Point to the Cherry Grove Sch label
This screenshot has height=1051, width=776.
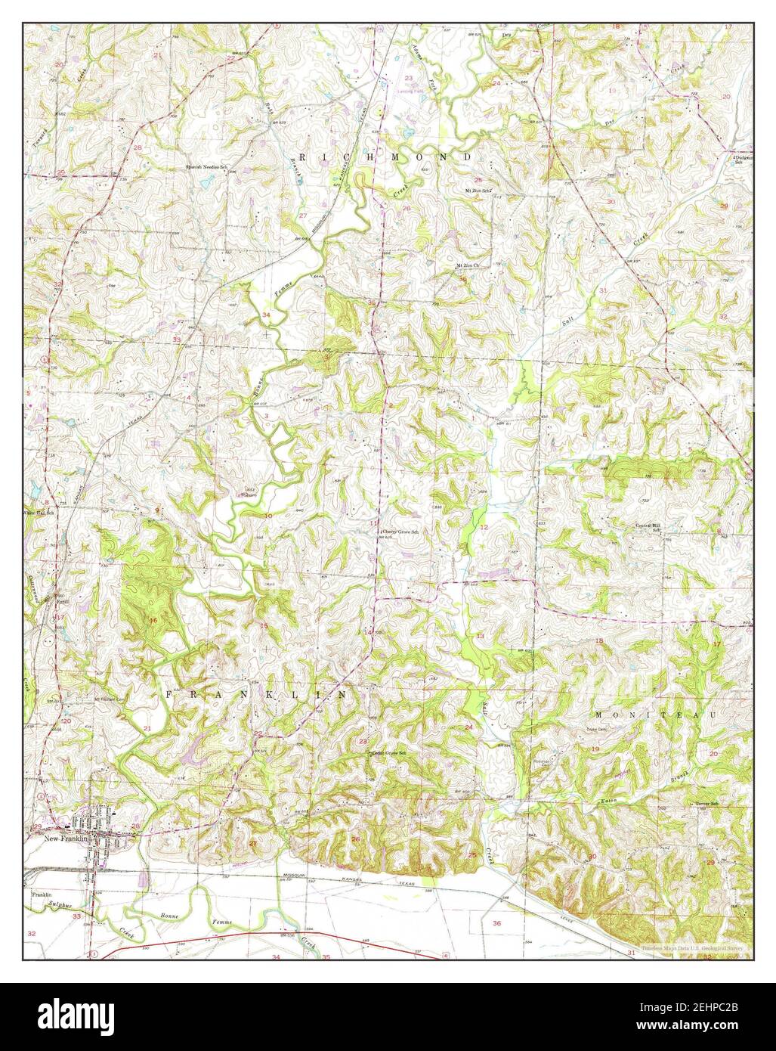click(x=400, y=532)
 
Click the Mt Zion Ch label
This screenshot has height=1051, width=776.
click(x=468, y=265)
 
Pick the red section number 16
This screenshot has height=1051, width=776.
click(x=154, y=620)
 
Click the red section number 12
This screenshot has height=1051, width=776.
click(x=484, y=527)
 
